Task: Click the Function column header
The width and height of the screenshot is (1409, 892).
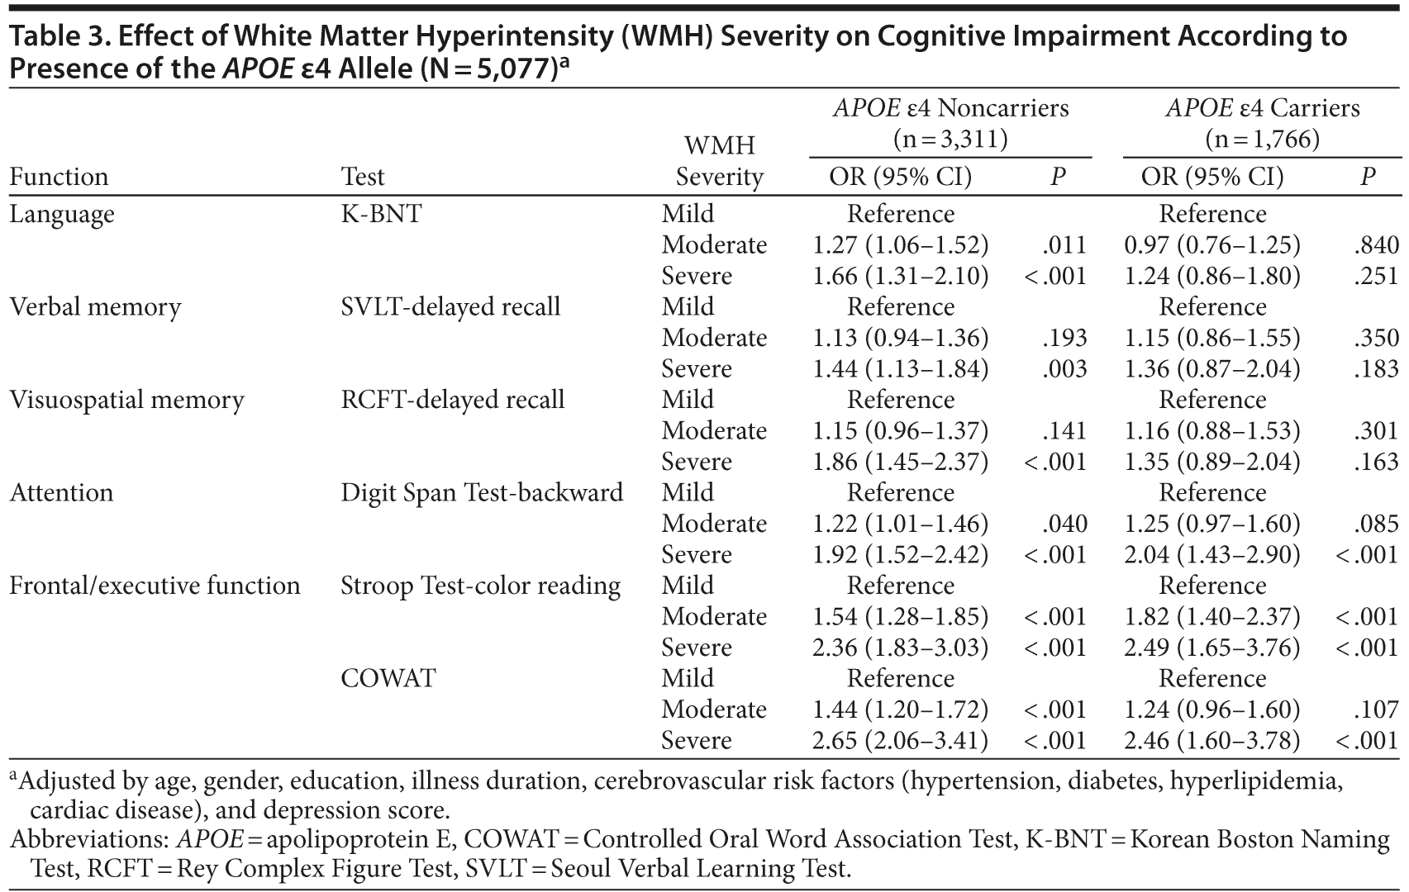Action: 59,177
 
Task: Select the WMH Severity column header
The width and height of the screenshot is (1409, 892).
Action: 719,161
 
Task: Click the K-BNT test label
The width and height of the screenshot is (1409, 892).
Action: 381,214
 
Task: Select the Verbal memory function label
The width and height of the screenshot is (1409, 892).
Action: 95,307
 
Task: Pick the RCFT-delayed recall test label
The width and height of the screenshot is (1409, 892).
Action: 453,400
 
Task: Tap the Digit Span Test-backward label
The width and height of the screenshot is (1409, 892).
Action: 482,493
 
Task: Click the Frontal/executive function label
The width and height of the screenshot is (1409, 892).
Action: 155,586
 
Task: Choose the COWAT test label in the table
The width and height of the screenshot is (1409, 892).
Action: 388,679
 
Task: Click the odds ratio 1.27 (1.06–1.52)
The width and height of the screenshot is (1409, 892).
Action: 900,245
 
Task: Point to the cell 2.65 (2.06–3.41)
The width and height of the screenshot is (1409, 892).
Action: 900,741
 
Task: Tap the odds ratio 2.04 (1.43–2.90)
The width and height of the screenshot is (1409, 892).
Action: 1212,555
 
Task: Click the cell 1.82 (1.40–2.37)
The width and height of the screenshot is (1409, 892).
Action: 1212,617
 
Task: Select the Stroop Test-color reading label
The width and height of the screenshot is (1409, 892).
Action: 480,586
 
